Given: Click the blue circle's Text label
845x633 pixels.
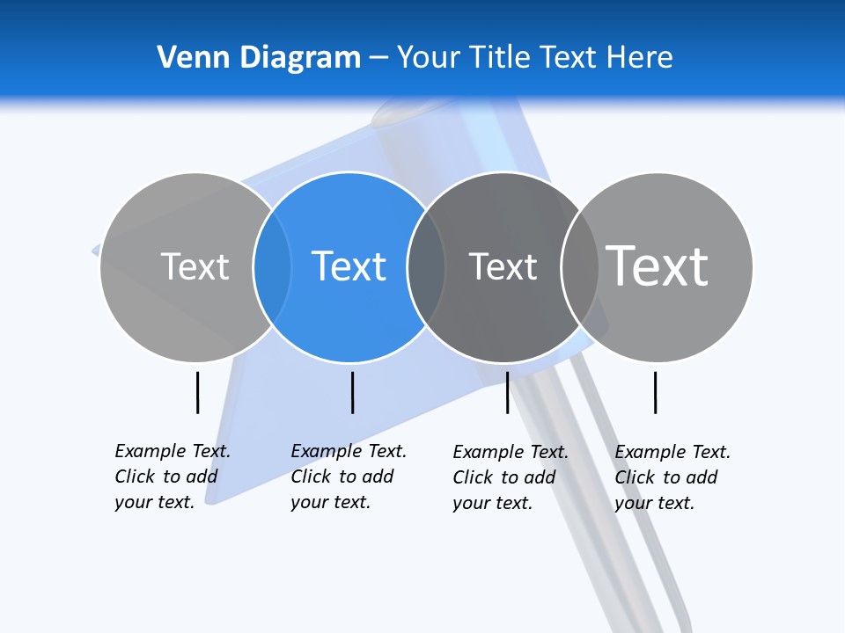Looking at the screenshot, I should point(349,266).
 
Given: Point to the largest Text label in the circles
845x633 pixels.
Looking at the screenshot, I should point(658,266).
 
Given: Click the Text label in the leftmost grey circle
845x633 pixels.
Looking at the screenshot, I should point(195,266).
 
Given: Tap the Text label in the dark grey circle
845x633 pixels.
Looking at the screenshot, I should point(503,266).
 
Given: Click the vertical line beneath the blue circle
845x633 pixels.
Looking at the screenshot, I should point(352,392).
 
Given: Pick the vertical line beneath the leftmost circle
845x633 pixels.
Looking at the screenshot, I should point(197,392).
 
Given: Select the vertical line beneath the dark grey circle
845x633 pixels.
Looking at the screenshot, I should point(507,392).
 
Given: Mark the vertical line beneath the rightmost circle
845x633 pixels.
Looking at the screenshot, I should point(655,392).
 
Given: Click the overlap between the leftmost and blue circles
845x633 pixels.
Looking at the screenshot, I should point(273,266).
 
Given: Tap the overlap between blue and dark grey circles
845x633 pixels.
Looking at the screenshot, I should point(427,266).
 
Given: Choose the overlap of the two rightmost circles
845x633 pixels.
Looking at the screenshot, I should point(580,266).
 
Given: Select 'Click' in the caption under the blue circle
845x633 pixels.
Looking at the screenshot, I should point(311,477).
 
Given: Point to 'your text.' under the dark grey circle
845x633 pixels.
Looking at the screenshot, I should point(492,503).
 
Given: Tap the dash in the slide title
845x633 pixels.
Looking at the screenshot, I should point(378,57).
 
